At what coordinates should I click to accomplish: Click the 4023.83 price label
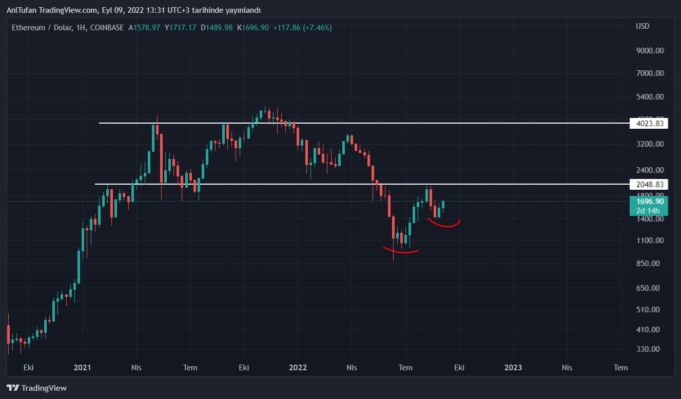(649, 123)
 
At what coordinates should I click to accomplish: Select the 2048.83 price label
(649, 184)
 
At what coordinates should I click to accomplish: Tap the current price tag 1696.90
(649, 202)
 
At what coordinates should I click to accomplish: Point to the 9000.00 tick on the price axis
(650, 50)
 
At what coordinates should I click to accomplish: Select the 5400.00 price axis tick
(650, 97)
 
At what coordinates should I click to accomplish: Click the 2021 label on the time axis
(83, 368)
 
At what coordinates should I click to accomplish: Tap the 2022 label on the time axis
(298, 368)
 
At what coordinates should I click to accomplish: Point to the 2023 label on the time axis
(513, 368)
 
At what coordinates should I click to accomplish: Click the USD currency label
(643, 26)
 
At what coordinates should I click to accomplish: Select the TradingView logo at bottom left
(36, 388)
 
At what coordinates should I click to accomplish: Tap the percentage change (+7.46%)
(317, 28)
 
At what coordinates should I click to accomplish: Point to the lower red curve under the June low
(401, 251)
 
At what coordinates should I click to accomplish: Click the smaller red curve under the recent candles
(444, 224)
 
